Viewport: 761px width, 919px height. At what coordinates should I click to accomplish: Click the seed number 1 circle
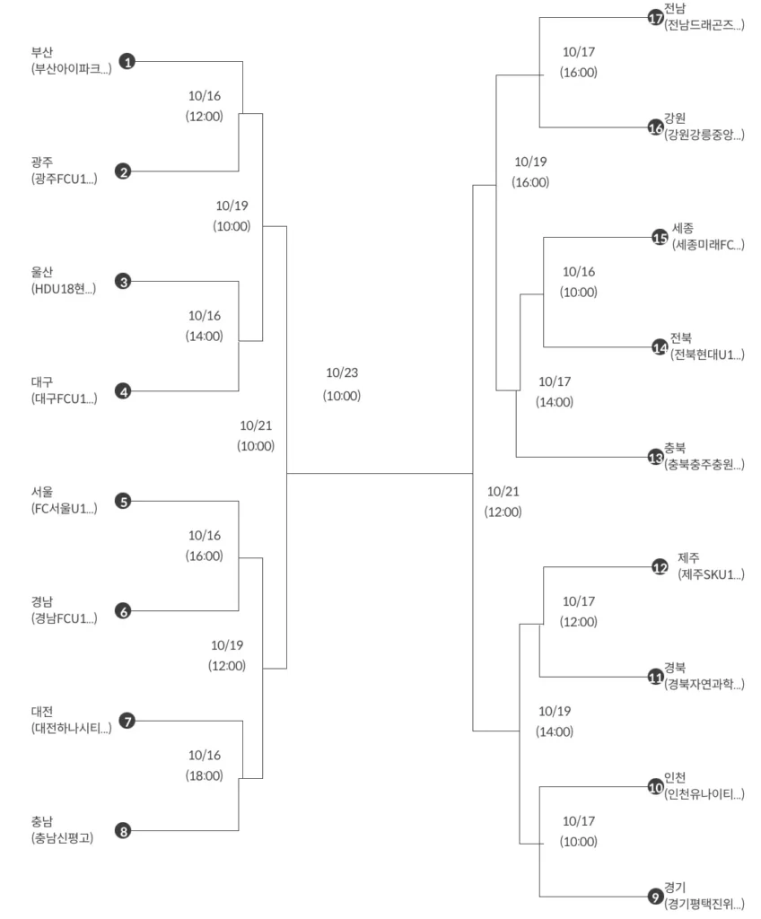tap(127, 62)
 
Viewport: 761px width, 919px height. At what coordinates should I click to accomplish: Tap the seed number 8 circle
tap(124, 831)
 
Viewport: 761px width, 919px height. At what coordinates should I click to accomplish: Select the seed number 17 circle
tap(655, 18)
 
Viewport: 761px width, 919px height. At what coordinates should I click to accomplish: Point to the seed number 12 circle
tap(660, 567)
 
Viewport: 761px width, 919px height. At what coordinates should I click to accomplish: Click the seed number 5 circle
tap(124, 502)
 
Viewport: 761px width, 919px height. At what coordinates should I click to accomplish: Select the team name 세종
tap(683, 228)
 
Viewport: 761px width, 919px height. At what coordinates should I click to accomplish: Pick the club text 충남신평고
tap(62, 838)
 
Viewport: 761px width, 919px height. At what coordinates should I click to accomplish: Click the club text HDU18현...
tap(63, 289)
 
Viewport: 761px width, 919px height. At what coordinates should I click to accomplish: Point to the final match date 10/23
tap(342, 373)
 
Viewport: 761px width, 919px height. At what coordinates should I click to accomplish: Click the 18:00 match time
tap(205, 775)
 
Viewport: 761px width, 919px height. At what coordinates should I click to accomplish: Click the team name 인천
tap(676, 777)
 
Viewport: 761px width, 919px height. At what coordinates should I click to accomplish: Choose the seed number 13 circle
tap(655, 457)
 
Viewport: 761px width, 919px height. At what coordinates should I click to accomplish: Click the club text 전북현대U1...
tap(707, 354)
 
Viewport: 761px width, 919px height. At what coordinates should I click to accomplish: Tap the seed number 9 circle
tap(655, 896)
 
